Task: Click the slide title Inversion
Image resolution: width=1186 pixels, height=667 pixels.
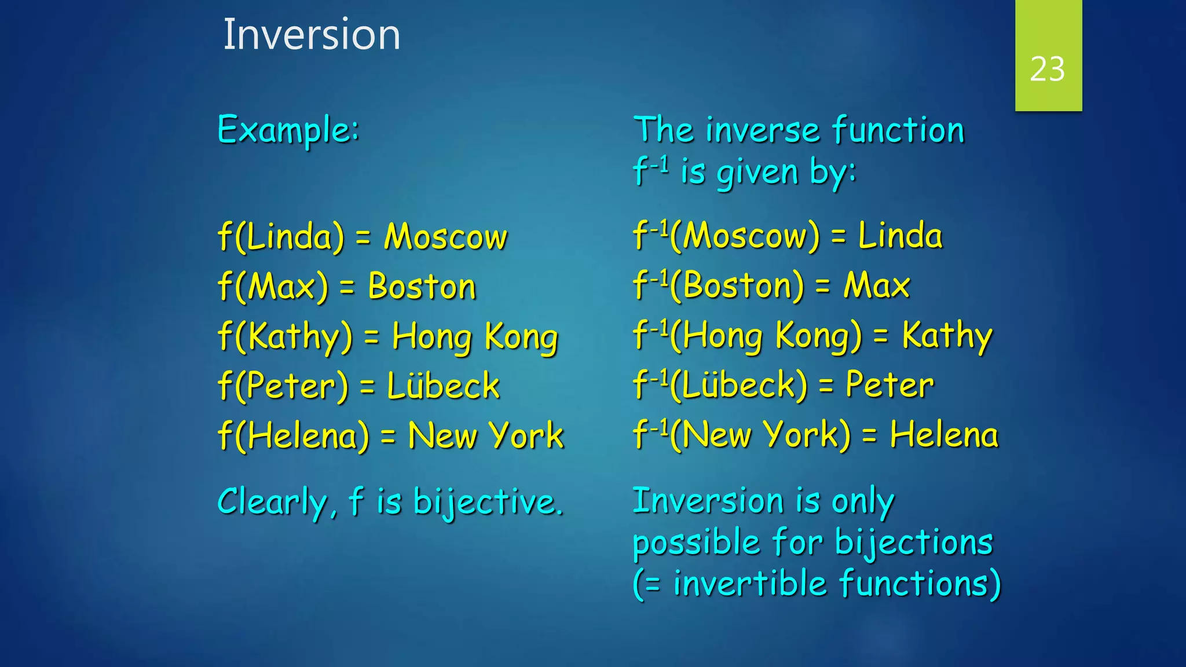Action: click(x=312, y=35)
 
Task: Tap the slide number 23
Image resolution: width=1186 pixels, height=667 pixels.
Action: click(x=1047, y=69)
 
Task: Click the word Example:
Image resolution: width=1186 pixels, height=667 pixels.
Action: click(x=288, y=130)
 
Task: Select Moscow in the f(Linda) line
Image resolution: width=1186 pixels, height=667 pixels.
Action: click(x=445, y=237)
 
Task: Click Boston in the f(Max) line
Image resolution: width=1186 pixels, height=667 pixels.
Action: click(x=422, y=287)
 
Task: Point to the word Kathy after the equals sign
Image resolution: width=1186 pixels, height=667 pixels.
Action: click(x=947, y=336)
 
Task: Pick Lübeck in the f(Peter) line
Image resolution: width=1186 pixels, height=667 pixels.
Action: click(x=443, y=386)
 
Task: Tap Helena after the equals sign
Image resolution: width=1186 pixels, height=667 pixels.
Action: click(x=944, y=435)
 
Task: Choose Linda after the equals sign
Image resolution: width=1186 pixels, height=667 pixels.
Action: click(x=900, y=236)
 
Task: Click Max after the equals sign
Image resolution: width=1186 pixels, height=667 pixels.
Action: click(x=876, y=286)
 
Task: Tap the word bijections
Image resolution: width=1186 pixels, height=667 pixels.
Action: click(x=914, y=543)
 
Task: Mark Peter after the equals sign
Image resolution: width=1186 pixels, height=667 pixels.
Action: click(x=889, y=385)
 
